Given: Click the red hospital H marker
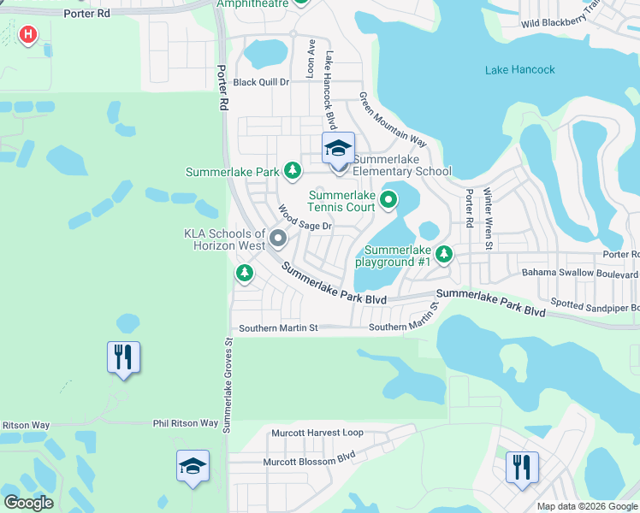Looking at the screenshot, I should (x=28, y=35).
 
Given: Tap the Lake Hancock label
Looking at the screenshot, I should (x=519, y=70).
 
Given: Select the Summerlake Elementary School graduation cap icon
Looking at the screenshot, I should (x=338, y=149).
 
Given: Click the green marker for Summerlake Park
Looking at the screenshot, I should (x=293, y=171).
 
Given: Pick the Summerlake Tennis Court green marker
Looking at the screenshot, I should (x=389, y=201).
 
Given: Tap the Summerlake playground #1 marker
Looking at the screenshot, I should (x=443, y=253).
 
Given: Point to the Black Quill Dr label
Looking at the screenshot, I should (x=262, y=83).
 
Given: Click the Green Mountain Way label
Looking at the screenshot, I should (x=392, y=119).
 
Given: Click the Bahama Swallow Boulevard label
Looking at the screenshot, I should (x=580, y=274).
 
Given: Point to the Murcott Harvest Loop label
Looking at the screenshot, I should (x=317, y=433).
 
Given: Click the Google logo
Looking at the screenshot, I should (x=28, y=503).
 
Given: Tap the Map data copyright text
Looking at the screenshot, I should (x=586, y=506).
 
